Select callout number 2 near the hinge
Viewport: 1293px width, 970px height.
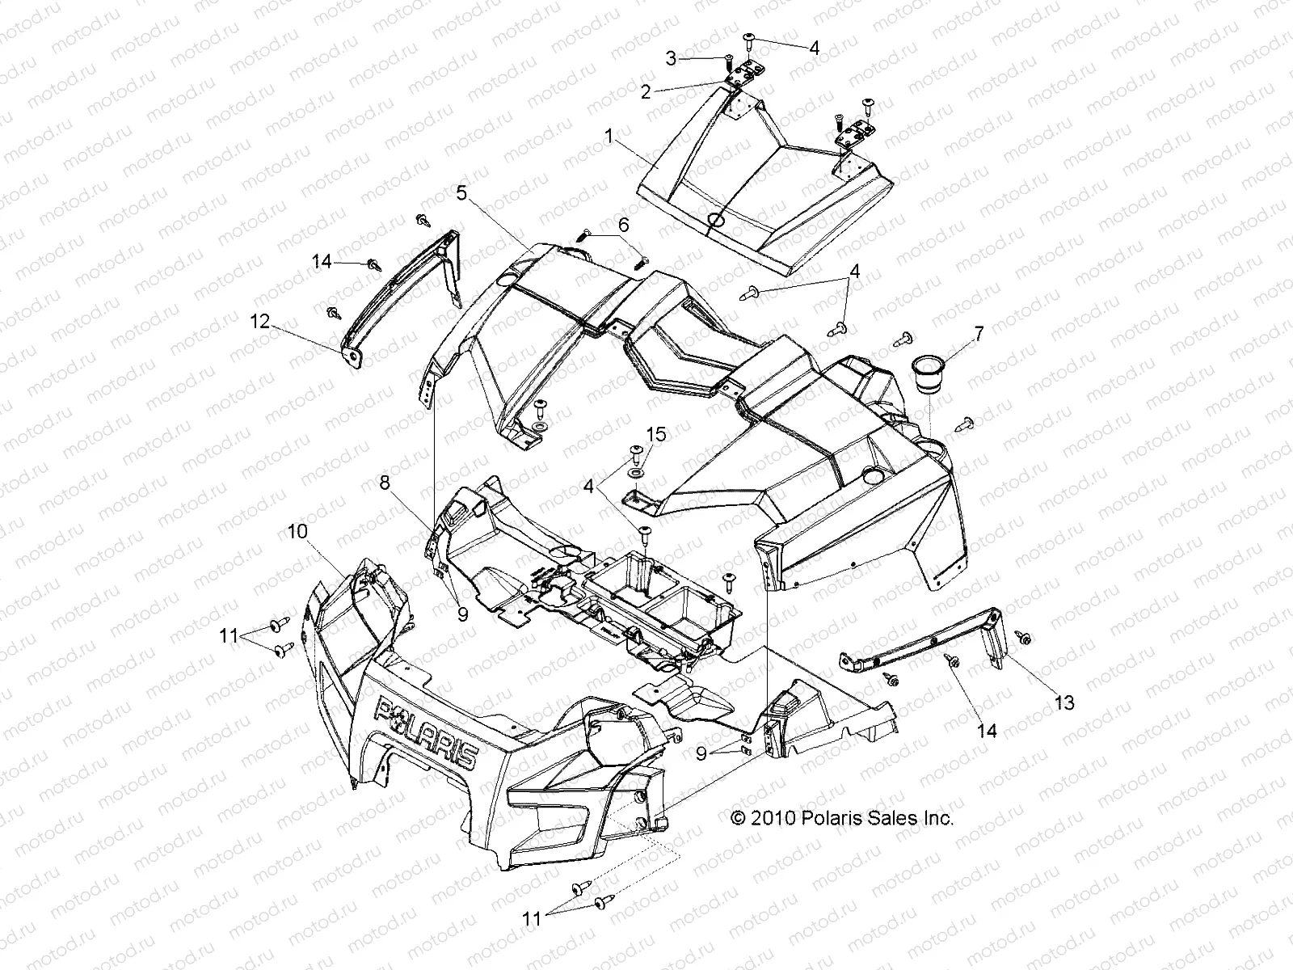(645, 92)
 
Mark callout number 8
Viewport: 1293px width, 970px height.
(385, 483)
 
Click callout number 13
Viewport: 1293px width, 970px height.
(1065, 702)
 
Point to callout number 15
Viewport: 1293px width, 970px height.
(655, 435)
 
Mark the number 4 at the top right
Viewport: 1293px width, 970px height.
(814, 48)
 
